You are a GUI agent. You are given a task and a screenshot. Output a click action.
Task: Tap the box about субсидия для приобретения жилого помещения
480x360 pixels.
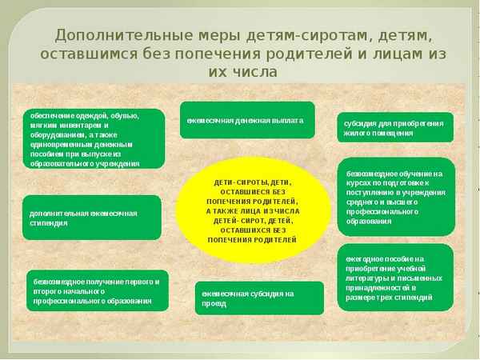[394, 127]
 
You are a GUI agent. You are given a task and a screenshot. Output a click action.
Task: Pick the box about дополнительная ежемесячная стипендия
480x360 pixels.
[92, 218]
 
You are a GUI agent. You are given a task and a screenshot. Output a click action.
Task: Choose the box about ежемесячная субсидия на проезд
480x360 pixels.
[259, 298]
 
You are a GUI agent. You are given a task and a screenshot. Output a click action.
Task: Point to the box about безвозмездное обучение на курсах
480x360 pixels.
[395, 196]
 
